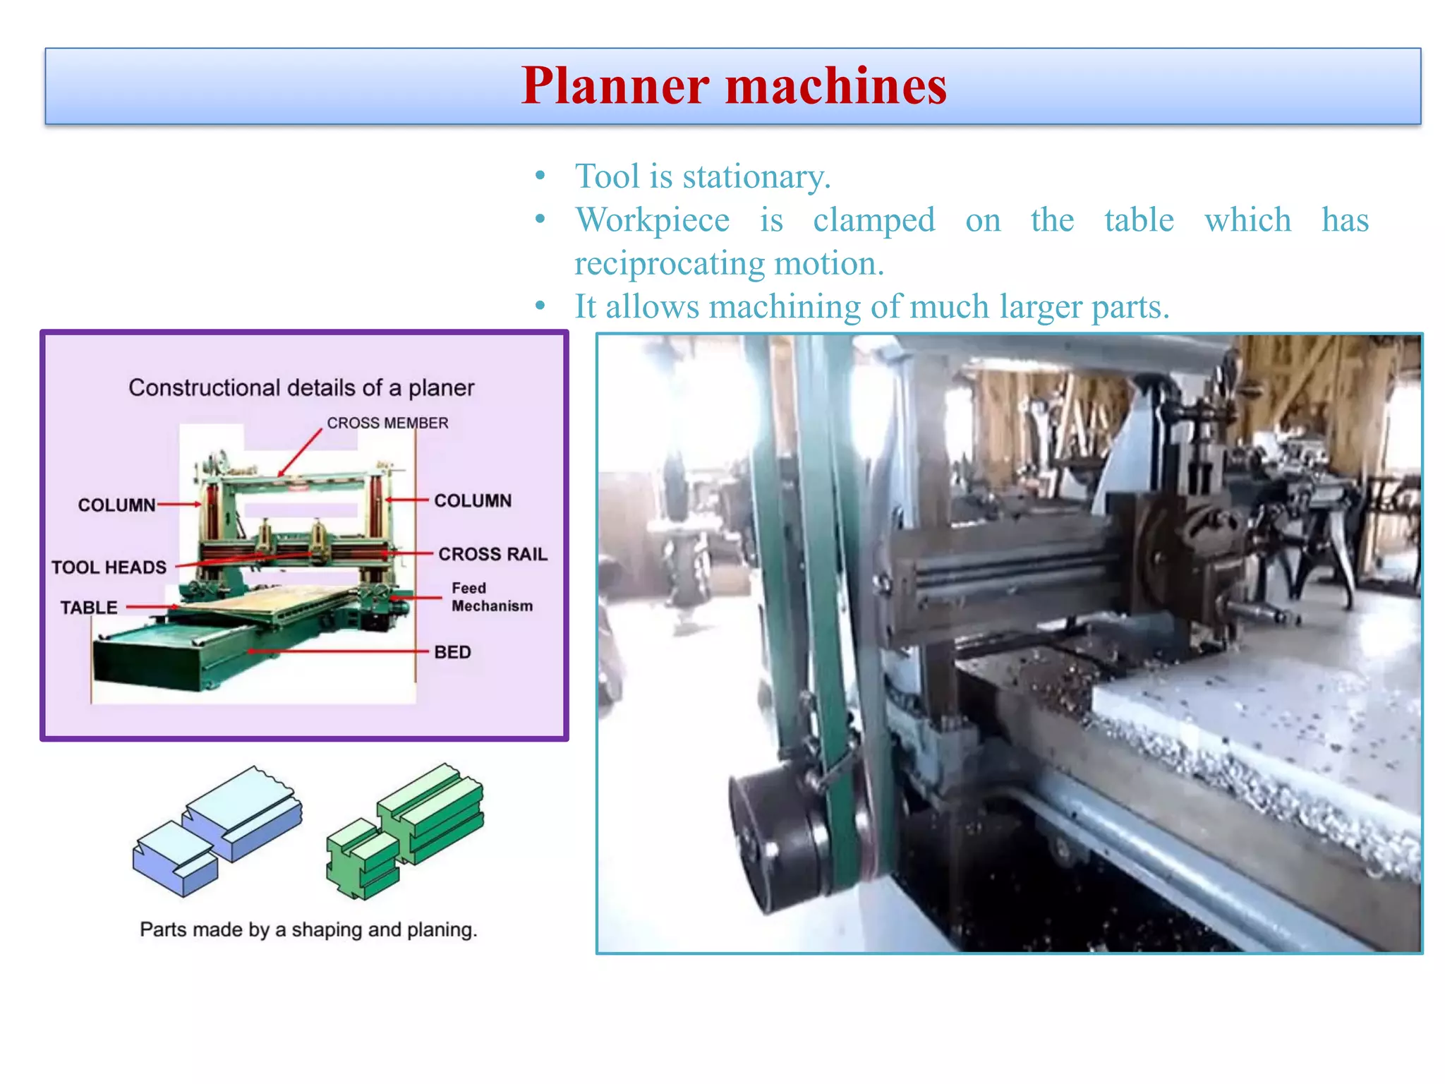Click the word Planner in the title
tap(615, 87)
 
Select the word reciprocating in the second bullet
tap(669, 264)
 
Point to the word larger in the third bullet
tap(1040, 308)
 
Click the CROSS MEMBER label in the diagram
tap(387, 423)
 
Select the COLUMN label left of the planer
tap(116, 505)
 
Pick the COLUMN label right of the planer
tap(473, 500)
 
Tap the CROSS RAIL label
tap(492, 554)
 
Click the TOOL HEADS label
tap(109, 567)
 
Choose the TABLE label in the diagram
tap(89, 608)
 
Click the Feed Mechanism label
tap(491, 597)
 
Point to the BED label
tap(452, 652)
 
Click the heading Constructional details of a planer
tap(301, 387)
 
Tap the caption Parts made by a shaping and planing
tap(308, 929)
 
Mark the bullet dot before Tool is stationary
tap(540, 176)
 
